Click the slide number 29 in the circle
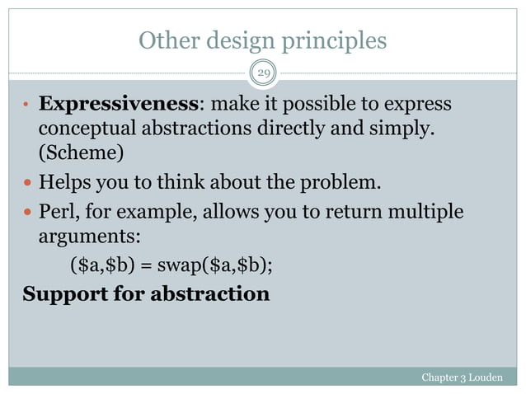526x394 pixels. click(x=264, y=74)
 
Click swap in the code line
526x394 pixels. click(x=193, y=266)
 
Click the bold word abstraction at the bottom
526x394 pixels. click(x=209, y=293)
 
